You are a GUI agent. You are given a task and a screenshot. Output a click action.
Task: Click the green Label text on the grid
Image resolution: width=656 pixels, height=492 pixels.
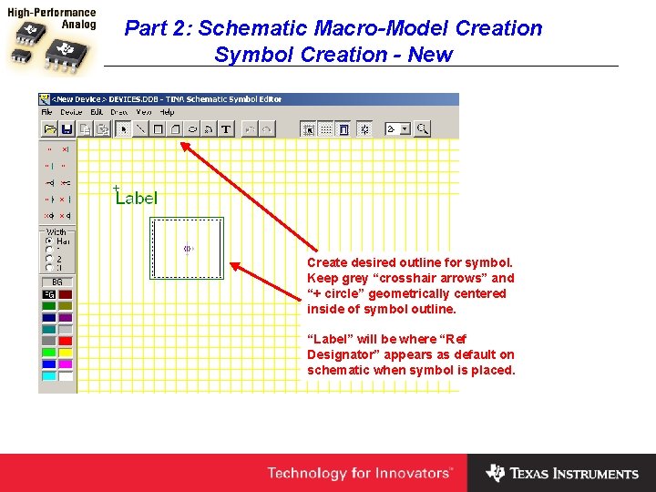[x=137, y=197]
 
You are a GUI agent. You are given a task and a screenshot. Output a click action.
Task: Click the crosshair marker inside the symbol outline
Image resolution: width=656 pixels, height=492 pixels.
[x=189, y=248]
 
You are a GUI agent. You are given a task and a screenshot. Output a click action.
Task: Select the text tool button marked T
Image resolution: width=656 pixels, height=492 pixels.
[x=226, y=129]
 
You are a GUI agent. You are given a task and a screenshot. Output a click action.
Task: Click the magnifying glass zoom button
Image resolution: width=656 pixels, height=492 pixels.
[x=422, y=129]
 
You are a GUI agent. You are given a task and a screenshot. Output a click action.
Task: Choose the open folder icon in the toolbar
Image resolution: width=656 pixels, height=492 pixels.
[x=50, y=129]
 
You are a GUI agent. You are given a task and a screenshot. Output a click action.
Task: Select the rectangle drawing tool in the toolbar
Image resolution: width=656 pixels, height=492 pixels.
[x=158, y=129]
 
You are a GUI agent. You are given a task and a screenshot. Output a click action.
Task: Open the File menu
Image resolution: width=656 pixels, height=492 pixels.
[x=46, y=112]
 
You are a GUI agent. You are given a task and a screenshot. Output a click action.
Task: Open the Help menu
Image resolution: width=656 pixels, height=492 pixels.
[x=167, y=112]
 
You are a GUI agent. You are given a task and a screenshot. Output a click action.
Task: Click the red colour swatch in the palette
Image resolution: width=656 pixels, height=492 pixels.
[x=66, y=341]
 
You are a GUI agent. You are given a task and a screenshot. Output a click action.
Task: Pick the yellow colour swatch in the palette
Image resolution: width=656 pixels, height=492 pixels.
[x=66, y=353]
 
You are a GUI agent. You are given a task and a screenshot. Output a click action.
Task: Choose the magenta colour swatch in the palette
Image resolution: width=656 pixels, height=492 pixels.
[x=66, y=364]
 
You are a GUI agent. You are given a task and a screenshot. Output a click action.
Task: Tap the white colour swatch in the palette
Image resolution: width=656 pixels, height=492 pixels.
[x=66, y=375]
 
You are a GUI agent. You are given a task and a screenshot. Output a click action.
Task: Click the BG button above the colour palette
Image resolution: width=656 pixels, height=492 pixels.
[x=57, y=282]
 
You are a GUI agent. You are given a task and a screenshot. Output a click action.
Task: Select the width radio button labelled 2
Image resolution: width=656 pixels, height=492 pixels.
[x=49, y=259]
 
